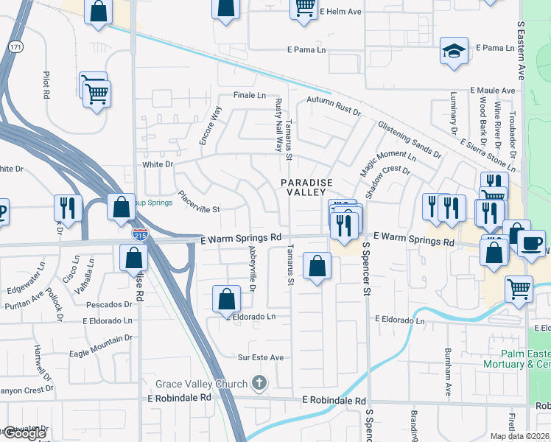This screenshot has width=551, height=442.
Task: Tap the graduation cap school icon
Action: point(454,51)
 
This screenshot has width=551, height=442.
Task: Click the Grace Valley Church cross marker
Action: point(258,382)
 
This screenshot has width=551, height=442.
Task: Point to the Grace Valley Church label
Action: point(201,384)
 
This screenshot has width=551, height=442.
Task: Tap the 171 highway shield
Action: point(15,46)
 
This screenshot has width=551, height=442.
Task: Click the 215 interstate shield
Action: point(139,234)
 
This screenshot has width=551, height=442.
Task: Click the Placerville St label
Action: point(199,203)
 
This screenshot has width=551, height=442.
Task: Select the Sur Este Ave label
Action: point(260,357)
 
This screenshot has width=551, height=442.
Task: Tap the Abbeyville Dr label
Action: point(251,268)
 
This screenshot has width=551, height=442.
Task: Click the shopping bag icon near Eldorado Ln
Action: point(227,298)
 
